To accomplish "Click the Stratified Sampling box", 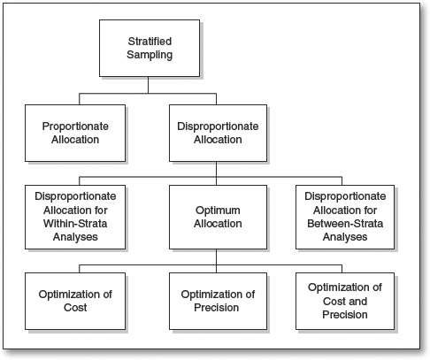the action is [150, 49].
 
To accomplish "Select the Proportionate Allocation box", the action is [75, 133].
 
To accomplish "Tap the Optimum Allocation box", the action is [218, 217].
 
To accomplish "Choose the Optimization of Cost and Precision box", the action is [345, 301].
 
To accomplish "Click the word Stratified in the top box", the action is [150, 42].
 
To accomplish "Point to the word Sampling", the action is [150, 55].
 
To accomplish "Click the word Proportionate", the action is [75, 126].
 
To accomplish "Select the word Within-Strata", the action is [75, 224].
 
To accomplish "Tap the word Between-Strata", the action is [345, 224].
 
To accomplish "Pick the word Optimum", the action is [218, 211].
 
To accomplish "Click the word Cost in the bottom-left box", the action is [75, 308].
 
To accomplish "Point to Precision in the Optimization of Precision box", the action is [217, 308].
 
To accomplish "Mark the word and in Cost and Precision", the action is [357, 302].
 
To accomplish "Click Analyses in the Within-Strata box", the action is [75, 237].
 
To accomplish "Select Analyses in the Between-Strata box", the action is [345, 237].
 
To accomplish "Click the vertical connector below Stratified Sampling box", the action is [148, 85].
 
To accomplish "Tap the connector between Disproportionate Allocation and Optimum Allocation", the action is [216, 173].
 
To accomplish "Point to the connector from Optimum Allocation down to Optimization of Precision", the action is [216, 261].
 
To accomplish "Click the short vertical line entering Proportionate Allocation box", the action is [80, 99].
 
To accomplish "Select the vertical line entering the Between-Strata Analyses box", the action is [342, 181].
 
